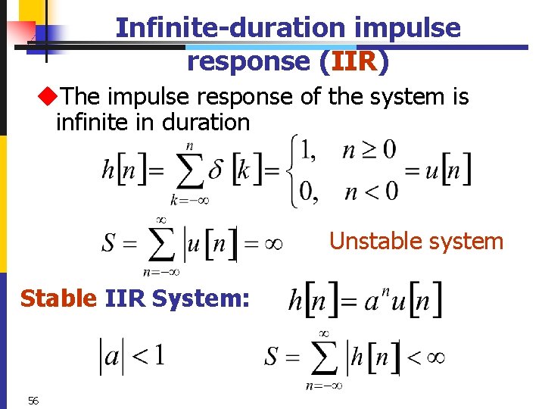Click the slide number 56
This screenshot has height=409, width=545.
point(33,401)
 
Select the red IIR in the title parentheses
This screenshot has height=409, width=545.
point(348,61)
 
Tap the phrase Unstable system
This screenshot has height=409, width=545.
point(416,242)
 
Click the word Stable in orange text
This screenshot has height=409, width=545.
point(58,299)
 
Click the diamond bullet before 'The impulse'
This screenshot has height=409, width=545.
point(49,97)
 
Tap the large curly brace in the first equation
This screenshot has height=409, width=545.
point(292,170)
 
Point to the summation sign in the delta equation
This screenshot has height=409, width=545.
point(191,172)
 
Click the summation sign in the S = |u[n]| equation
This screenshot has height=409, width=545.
point(160,244)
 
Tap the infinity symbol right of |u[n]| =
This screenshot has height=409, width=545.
point(272,244)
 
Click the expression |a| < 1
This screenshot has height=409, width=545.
point(132,355)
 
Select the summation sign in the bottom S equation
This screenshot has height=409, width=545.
point(324,357)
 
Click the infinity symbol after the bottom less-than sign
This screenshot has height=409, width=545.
point(434,356)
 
